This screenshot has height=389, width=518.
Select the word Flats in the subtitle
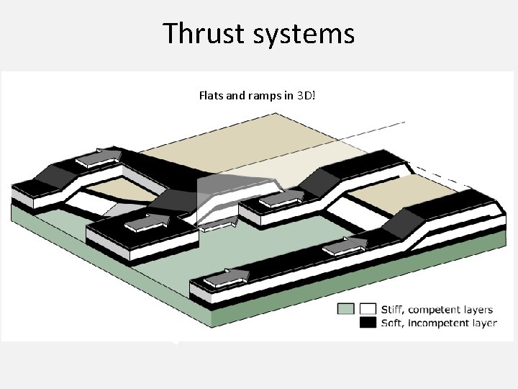(x=210, y=95)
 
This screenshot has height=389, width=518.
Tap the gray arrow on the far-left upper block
(x=99, y=156)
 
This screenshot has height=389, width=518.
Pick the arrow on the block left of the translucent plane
(x=149, y=222)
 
